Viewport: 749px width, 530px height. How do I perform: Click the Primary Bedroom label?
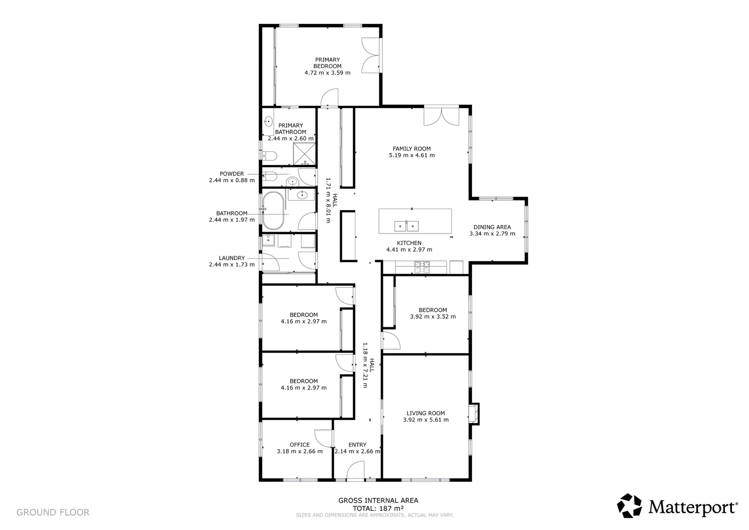click(327, 63)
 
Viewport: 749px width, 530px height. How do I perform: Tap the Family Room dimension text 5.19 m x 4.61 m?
click(411, 156)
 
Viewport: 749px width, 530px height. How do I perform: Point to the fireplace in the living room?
click(473, 413)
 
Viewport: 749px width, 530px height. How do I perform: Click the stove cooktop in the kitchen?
click(423, 267)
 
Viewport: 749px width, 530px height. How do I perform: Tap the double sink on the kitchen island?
click(407, 226)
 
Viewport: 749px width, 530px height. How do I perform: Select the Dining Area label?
click(492, 227)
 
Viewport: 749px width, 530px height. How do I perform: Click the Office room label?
click(300, 445)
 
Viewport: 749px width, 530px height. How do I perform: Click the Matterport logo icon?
click(629, 505)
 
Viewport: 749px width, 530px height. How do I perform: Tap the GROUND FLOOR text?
click(53, 513)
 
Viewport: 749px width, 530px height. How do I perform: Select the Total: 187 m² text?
click(378, 508)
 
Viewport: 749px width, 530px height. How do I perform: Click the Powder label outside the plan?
click(231, 174)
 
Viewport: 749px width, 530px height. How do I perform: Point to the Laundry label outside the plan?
click(231, 258)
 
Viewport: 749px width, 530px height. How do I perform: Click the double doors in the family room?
click(441, 116)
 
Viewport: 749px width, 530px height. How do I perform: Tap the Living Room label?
click(425, 413)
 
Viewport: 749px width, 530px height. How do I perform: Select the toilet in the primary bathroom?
click(269, 156)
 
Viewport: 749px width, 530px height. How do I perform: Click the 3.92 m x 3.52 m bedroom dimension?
click(433, 317)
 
